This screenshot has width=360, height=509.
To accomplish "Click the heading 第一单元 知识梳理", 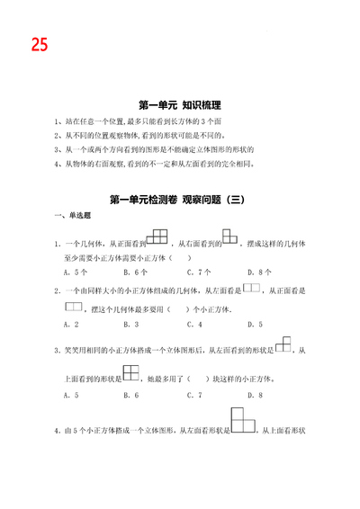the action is point(180,105).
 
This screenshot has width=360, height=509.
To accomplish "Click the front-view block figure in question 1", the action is point(157,238).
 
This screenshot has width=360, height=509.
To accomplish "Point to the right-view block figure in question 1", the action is point(231,238).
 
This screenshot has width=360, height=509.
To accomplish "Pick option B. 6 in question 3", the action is point(132,394).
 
